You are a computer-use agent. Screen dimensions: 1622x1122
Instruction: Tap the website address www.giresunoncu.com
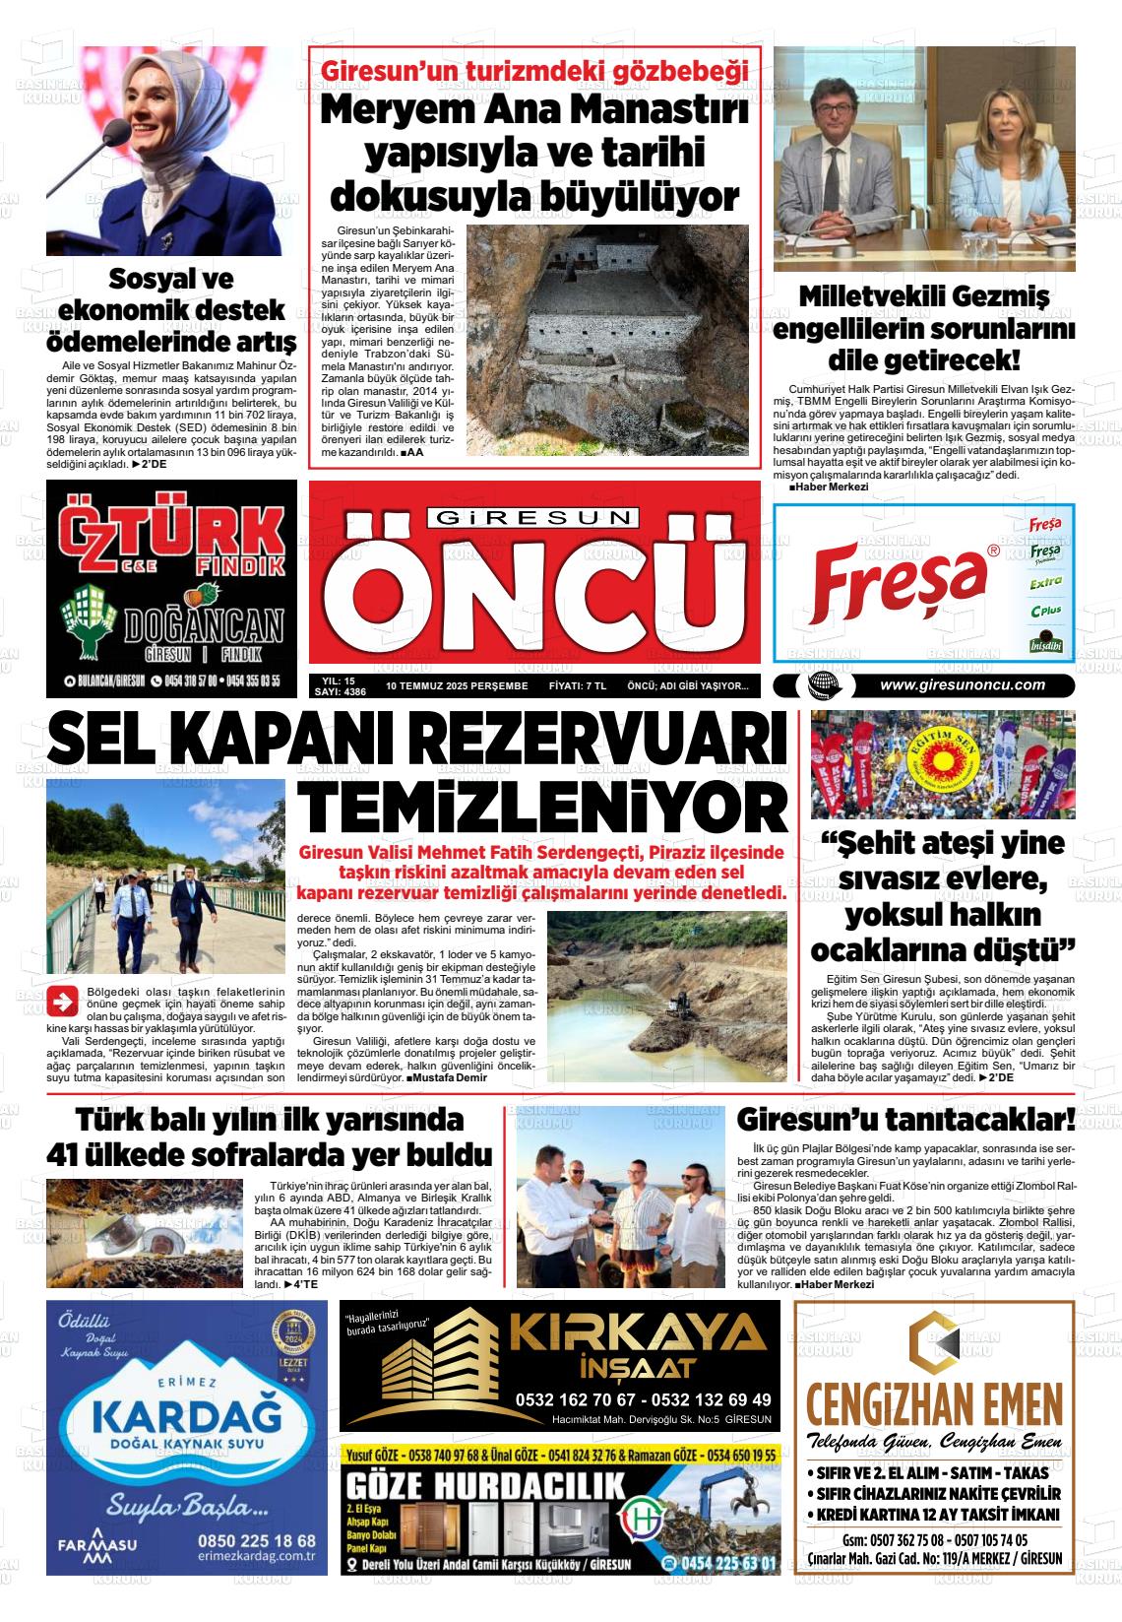click(x=962, y=685)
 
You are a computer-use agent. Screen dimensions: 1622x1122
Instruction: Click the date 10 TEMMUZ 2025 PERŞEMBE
click(x=457, y=685)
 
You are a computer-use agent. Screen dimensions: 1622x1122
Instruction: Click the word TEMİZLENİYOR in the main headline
click(x=542, y=805)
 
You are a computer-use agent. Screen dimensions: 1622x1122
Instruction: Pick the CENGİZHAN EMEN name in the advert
click(x=934, y=1402)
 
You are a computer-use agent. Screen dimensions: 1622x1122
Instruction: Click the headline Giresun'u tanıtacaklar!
click(x=905, y=1121)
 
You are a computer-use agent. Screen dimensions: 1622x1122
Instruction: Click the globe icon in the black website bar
click(x=821, y=685)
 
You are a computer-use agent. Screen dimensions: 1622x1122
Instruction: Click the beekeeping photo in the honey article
click(x=146, y=1235)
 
